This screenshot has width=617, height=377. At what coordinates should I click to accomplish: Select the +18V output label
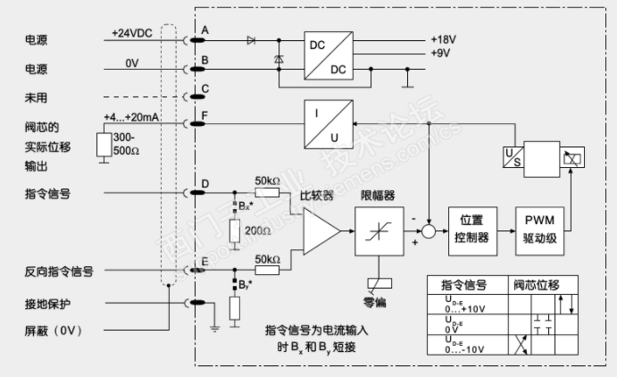444,39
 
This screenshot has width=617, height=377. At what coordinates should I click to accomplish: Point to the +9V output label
440,53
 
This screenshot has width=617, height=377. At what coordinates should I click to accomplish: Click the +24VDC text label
132,32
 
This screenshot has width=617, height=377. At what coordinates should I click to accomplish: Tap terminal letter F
204,116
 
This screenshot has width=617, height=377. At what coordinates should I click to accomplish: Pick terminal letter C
204,88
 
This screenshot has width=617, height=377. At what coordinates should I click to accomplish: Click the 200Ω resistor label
259,230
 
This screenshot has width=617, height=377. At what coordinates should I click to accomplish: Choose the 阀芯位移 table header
538,285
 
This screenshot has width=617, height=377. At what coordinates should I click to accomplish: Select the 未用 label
36,96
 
